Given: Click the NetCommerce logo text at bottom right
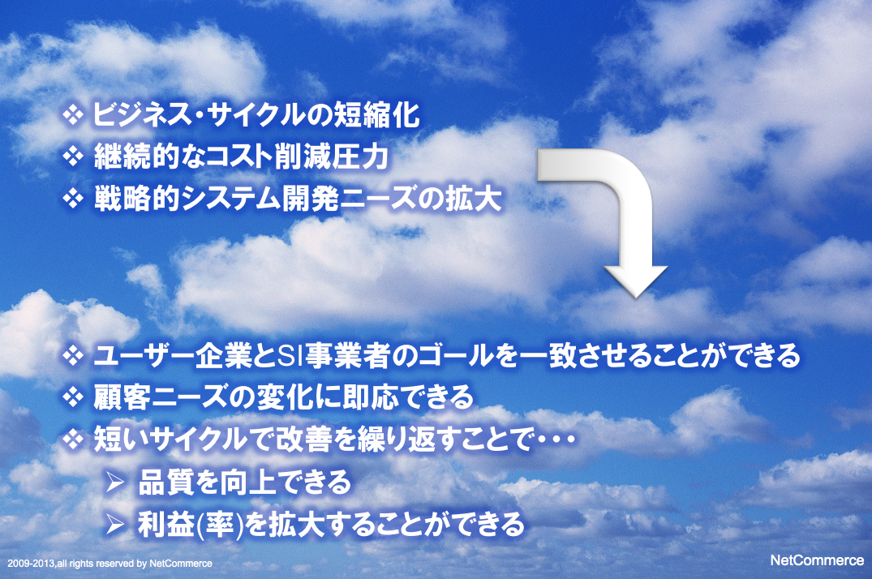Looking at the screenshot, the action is point(817,560).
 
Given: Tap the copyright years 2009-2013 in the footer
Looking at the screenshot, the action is point(32,564).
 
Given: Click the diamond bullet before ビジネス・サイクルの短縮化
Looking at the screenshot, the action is point(73,115).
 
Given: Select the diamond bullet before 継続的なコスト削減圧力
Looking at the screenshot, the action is point(73,157).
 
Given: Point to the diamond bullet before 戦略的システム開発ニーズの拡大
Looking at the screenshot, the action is point(73,198).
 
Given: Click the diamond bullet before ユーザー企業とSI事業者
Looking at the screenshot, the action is point(73,355).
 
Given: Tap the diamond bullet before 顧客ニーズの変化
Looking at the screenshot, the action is point(73,397).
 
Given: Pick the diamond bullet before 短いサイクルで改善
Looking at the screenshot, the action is point(73,440).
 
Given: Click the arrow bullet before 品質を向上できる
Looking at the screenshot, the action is point(115,482).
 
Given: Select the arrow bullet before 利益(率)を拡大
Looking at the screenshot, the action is point(115,523).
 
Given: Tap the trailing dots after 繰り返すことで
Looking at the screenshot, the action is point(556,440).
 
